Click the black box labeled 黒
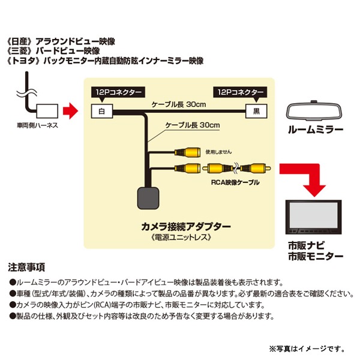(256, 111)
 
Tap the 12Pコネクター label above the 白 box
(118, 93)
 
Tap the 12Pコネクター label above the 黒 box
(240, 93)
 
